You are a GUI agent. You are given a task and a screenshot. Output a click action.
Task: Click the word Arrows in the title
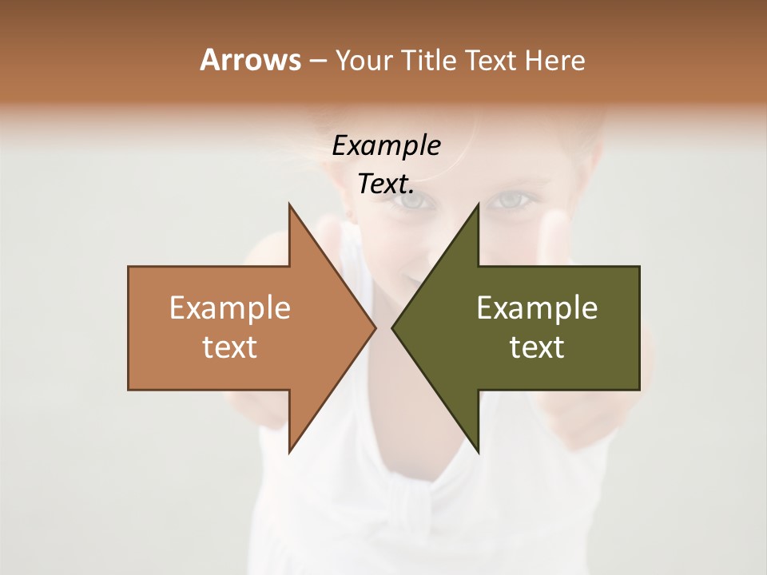point(249,60)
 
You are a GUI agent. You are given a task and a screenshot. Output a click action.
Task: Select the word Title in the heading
point(428,61)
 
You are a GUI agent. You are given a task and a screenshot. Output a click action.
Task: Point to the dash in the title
point(317,61)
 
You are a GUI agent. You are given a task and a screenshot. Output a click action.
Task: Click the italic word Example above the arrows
point(386,146)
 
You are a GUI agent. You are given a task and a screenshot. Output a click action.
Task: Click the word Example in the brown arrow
point(230,308)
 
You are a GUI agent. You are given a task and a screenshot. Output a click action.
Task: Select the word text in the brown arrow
point(230,347)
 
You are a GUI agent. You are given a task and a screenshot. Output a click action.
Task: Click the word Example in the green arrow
point(537,308)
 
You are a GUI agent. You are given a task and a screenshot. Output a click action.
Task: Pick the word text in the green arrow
point(537,347)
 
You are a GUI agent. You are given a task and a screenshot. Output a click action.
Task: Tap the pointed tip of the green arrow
point(393,328)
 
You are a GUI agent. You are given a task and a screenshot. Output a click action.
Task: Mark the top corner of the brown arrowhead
point(290,205)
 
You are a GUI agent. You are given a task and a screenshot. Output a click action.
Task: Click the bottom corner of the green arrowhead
point(478,451)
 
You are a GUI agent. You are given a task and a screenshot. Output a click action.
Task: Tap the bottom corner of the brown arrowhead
point(290,451)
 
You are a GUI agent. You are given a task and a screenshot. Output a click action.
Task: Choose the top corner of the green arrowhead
point(478,205)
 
